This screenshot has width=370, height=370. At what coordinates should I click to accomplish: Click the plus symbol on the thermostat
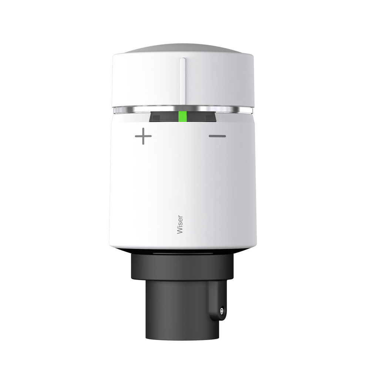(143, 137)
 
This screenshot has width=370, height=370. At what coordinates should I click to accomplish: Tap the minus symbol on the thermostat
(217, 136)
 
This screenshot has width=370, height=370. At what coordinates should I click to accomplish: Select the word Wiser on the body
(180, 224)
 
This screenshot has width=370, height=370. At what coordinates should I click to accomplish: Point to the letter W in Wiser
(180, 231)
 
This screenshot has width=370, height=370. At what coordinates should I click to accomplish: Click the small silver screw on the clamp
(221, 311)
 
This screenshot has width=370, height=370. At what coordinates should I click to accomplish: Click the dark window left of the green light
(163, 118)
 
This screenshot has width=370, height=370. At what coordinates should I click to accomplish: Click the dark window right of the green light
(202, 118)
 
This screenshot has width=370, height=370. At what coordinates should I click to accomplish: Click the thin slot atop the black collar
(182, 254)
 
